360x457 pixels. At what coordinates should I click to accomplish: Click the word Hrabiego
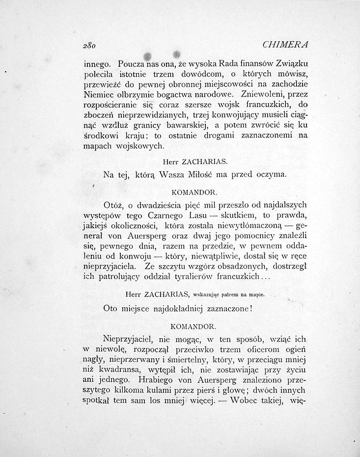coord(157,380)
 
